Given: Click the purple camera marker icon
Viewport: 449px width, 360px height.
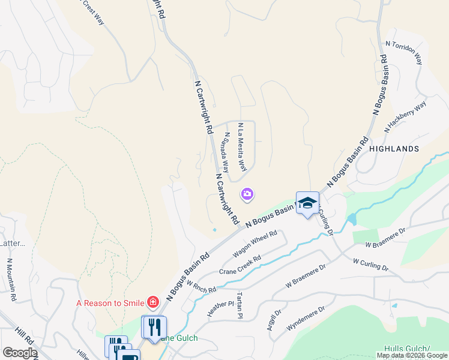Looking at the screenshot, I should tap(247, 194).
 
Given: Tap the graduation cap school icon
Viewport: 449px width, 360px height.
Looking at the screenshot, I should tap(307, 203).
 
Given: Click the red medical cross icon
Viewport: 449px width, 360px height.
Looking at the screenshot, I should tap(153, 303).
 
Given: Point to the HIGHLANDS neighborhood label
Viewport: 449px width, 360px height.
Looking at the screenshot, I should tap(394, 148).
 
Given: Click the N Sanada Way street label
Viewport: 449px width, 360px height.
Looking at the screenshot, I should tap(226, 152).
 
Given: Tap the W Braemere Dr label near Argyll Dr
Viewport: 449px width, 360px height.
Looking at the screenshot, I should tap(305, 275).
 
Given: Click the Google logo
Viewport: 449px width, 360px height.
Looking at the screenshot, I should tap(19, 353).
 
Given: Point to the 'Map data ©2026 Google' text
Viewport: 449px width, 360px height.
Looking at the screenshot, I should tap(412, 355).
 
